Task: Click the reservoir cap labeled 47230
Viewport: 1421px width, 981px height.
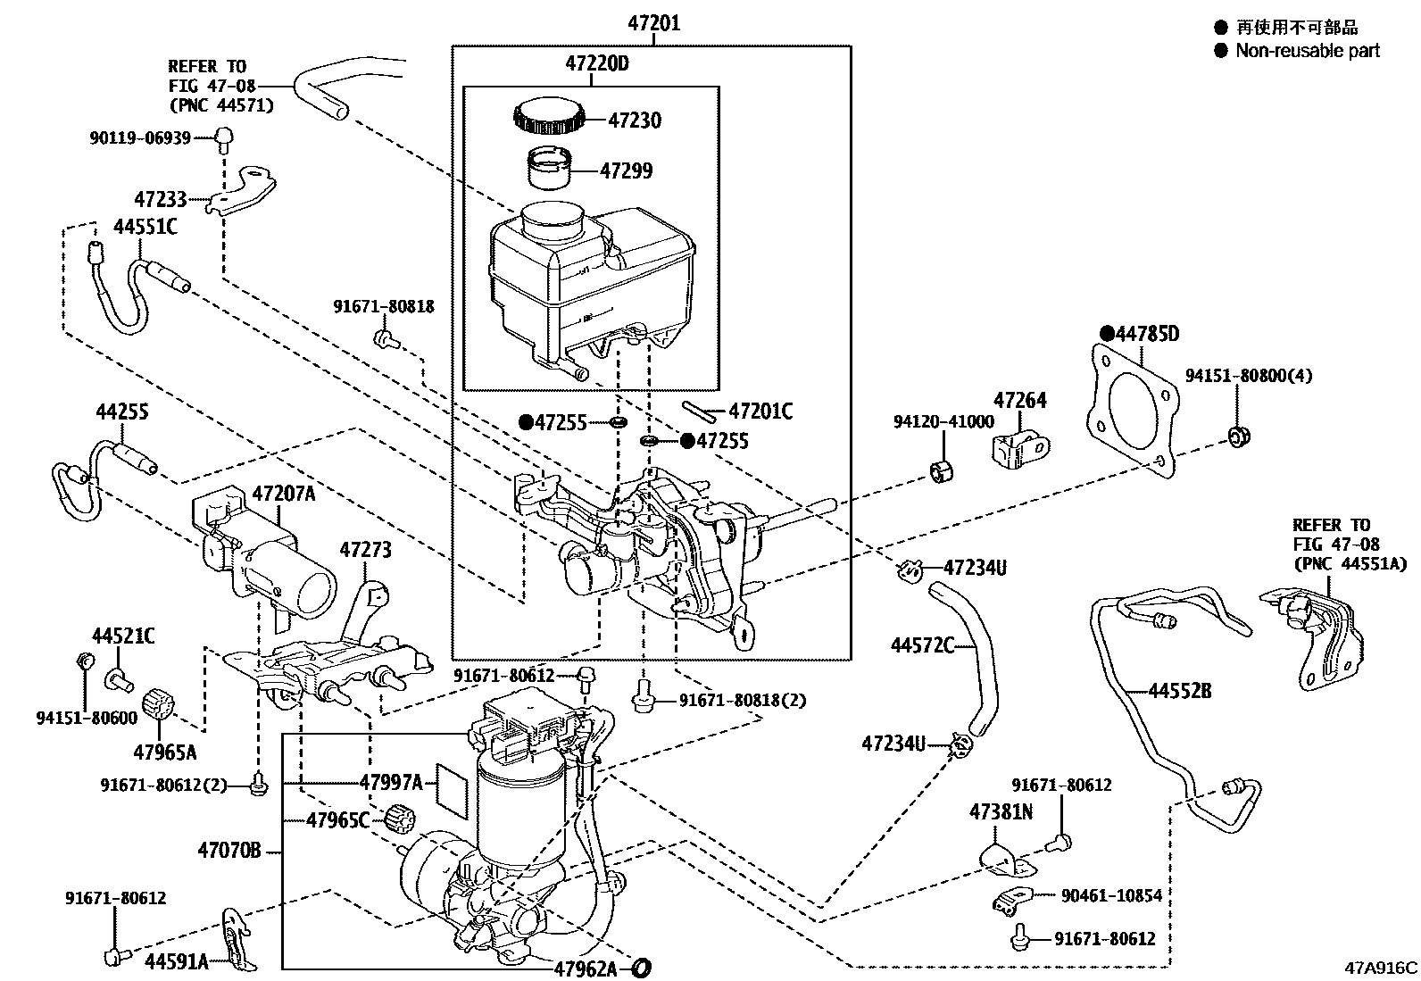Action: tap(549, 116)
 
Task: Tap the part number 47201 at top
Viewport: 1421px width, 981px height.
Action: tap(652, 23)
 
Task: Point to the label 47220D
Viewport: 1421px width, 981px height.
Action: tap(596, 64)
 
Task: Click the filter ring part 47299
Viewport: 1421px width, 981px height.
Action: tap(547, 168)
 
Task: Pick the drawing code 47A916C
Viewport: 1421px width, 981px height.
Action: tap(1382, 968)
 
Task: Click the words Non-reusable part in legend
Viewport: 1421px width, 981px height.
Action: tap(1307, 51)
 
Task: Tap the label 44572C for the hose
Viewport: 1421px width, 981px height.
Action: tap(922, 645)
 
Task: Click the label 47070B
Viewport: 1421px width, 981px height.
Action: tap(229, 851)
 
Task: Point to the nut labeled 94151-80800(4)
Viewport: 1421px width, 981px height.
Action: tap(1238, 436)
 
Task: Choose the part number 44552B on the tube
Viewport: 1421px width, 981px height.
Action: tap(1179, 690)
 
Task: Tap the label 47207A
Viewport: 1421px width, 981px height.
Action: tap(283, 493)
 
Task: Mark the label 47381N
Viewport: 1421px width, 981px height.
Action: tap(1001, 812)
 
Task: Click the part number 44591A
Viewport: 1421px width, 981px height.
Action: tap(177, 960)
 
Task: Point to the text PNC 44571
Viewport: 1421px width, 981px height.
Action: tap(221, 105)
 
